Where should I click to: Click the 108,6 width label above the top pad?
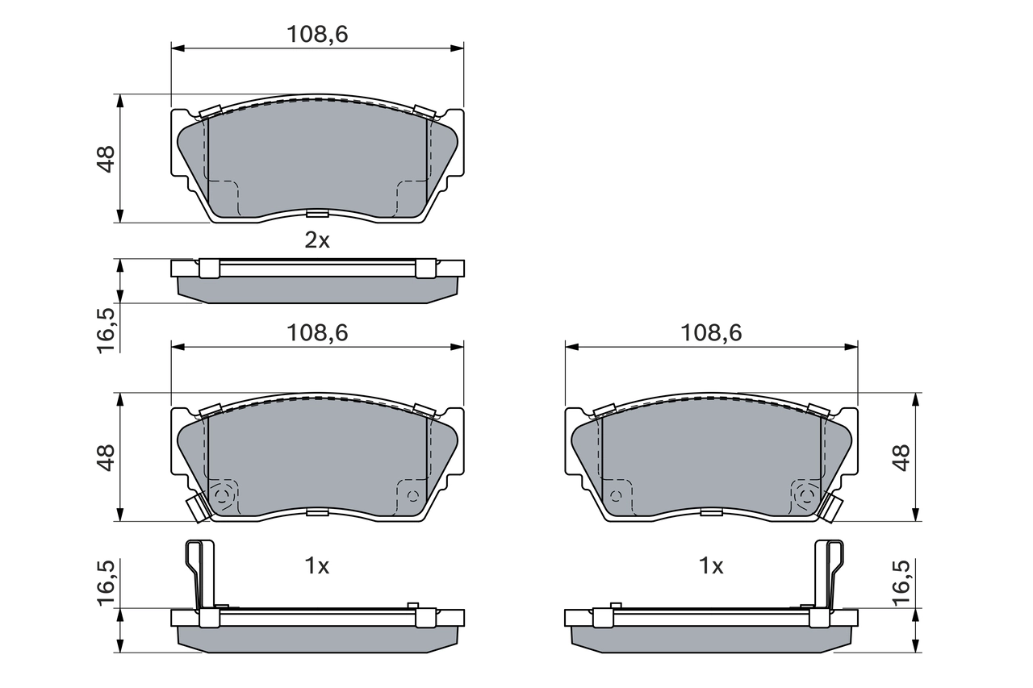click(317, 35)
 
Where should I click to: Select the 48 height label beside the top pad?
click(105, 158)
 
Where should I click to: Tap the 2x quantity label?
click(317, 240)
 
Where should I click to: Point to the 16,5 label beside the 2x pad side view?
click(105, 327)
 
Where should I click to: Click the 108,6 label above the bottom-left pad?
click(317, 333)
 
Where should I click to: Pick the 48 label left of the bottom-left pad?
click(105, 457)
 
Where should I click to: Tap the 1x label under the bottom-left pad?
click(317, 566)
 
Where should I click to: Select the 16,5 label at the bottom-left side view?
click(105, 585)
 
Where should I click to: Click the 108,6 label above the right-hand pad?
click(711, 333)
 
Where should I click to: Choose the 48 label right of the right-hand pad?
click(901, 457)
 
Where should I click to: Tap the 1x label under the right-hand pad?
click(711, 566)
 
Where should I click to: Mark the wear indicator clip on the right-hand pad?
click(832, 508)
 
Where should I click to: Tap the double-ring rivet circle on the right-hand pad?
click(804, 495)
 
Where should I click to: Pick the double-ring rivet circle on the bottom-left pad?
click(224, 495)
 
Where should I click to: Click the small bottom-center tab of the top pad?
click(317, 214)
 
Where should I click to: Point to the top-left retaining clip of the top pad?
click(210, 111)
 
